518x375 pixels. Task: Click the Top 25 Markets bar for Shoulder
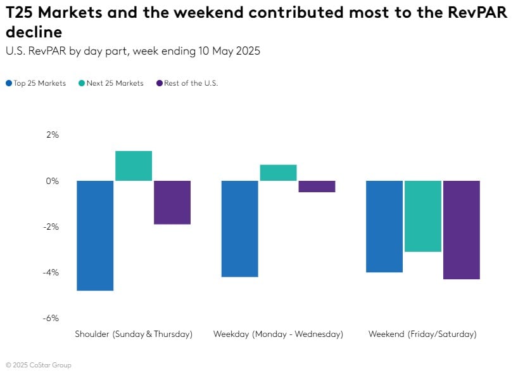pyautogui.click(x=95, y=235)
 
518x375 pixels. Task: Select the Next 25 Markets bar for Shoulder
pyautogui.click(x=134, y=166)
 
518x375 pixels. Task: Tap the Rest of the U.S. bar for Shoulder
pyautogui.click(x=172, y=202)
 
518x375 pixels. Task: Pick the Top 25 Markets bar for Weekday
pyautogui.click(x=239, y=228)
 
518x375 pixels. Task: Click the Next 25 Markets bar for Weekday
pyautogui.click(x=278, y=173)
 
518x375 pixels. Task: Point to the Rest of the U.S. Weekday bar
pyautogui.click(x=317, y=187)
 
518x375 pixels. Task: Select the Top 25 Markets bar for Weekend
pyautogui.click(x=384, y=227)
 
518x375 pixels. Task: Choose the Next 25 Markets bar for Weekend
pyautogui.click(x=423, y=216)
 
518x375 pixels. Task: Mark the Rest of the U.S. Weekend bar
pyautogui.click(x=462, y=230)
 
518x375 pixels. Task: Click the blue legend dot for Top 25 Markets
pyautogui.click(x=9, y=83)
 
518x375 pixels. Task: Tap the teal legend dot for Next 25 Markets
pyautogui.click(x=82, y=83)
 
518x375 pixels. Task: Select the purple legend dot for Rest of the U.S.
pyautogui.click(x=160, y=83)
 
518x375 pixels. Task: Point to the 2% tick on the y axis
pyautogui.click(x=51, y=135)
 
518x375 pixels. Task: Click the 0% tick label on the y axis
pyautogui.click(x=51, y=181)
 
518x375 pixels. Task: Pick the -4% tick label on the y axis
pyautogui.click(x=50, y=272)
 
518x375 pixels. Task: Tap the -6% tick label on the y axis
pyautogui.click(x=50, y=318)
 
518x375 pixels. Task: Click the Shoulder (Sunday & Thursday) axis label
pyautogui.click(x=134, y=334)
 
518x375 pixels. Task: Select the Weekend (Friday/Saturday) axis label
pyautogui.click(x=422, y=334)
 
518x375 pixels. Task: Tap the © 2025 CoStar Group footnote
pyautogui.click(x=39, y=365)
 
